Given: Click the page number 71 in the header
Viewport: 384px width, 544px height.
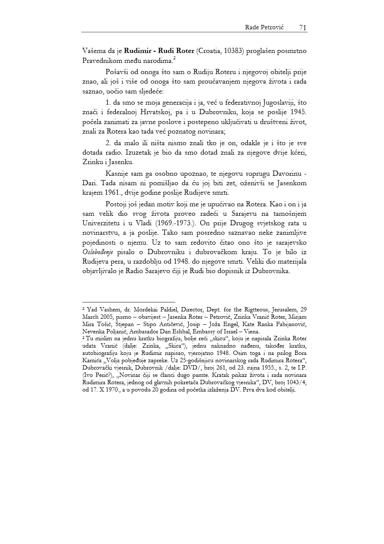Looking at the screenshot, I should click(302, 28).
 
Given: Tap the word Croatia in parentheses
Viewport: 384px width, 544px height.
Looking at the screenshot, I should click(210, 51).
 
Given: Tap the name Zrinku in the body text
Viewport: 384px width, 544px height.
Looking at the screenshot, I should click(93, 162).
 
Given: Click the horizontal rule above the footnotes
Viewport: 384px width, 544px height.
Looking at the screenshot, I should click(129, 302).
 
